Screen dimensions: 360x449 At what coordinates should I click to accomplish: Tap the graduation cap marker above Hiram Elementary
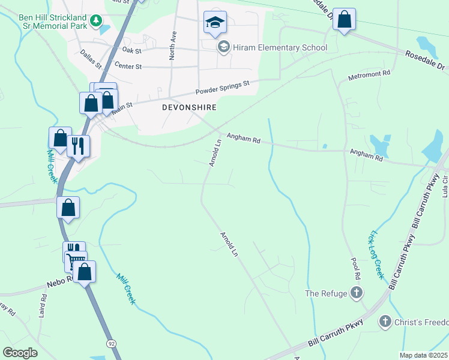pyautogui.click(x=215, y=23)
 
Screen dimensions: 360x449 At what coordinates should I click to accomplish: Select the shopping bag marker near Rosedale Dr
pyautogui.click(x=344, y=20)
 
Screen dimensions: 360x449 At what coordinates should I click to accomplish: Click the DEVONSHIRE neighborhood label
pyautogui.click(x=188, y=107)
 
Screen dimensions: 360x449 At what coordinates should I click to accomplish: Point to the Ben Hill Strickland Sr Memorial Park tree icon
pyautogui.click(x=95, y=22)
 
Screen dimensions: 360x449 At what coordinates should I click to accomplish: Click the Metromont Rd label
pyautogui.click(x=370, y=76)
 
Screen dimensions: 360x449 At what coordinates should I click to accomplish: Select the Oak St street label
pyautogui.click(x=130, y=50)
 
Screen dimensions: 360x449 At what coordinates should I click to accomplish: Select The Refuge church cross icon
pyautogui.click(x=357, y=293)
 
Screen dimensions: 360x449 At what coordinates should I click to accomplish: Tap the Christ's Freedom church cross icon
pyautogui.click(x=385, y=322)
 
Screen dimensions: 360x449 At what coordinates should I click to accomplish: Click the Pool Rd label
pyautogui.click(x=357, y=268)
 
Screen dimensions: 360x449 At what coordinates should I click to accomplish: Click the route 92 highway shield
pyautogui.click(x=111, y=343)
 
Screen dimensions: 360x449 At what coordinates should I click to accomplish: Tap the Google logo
pyautogui.click(x=20, y=353)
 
